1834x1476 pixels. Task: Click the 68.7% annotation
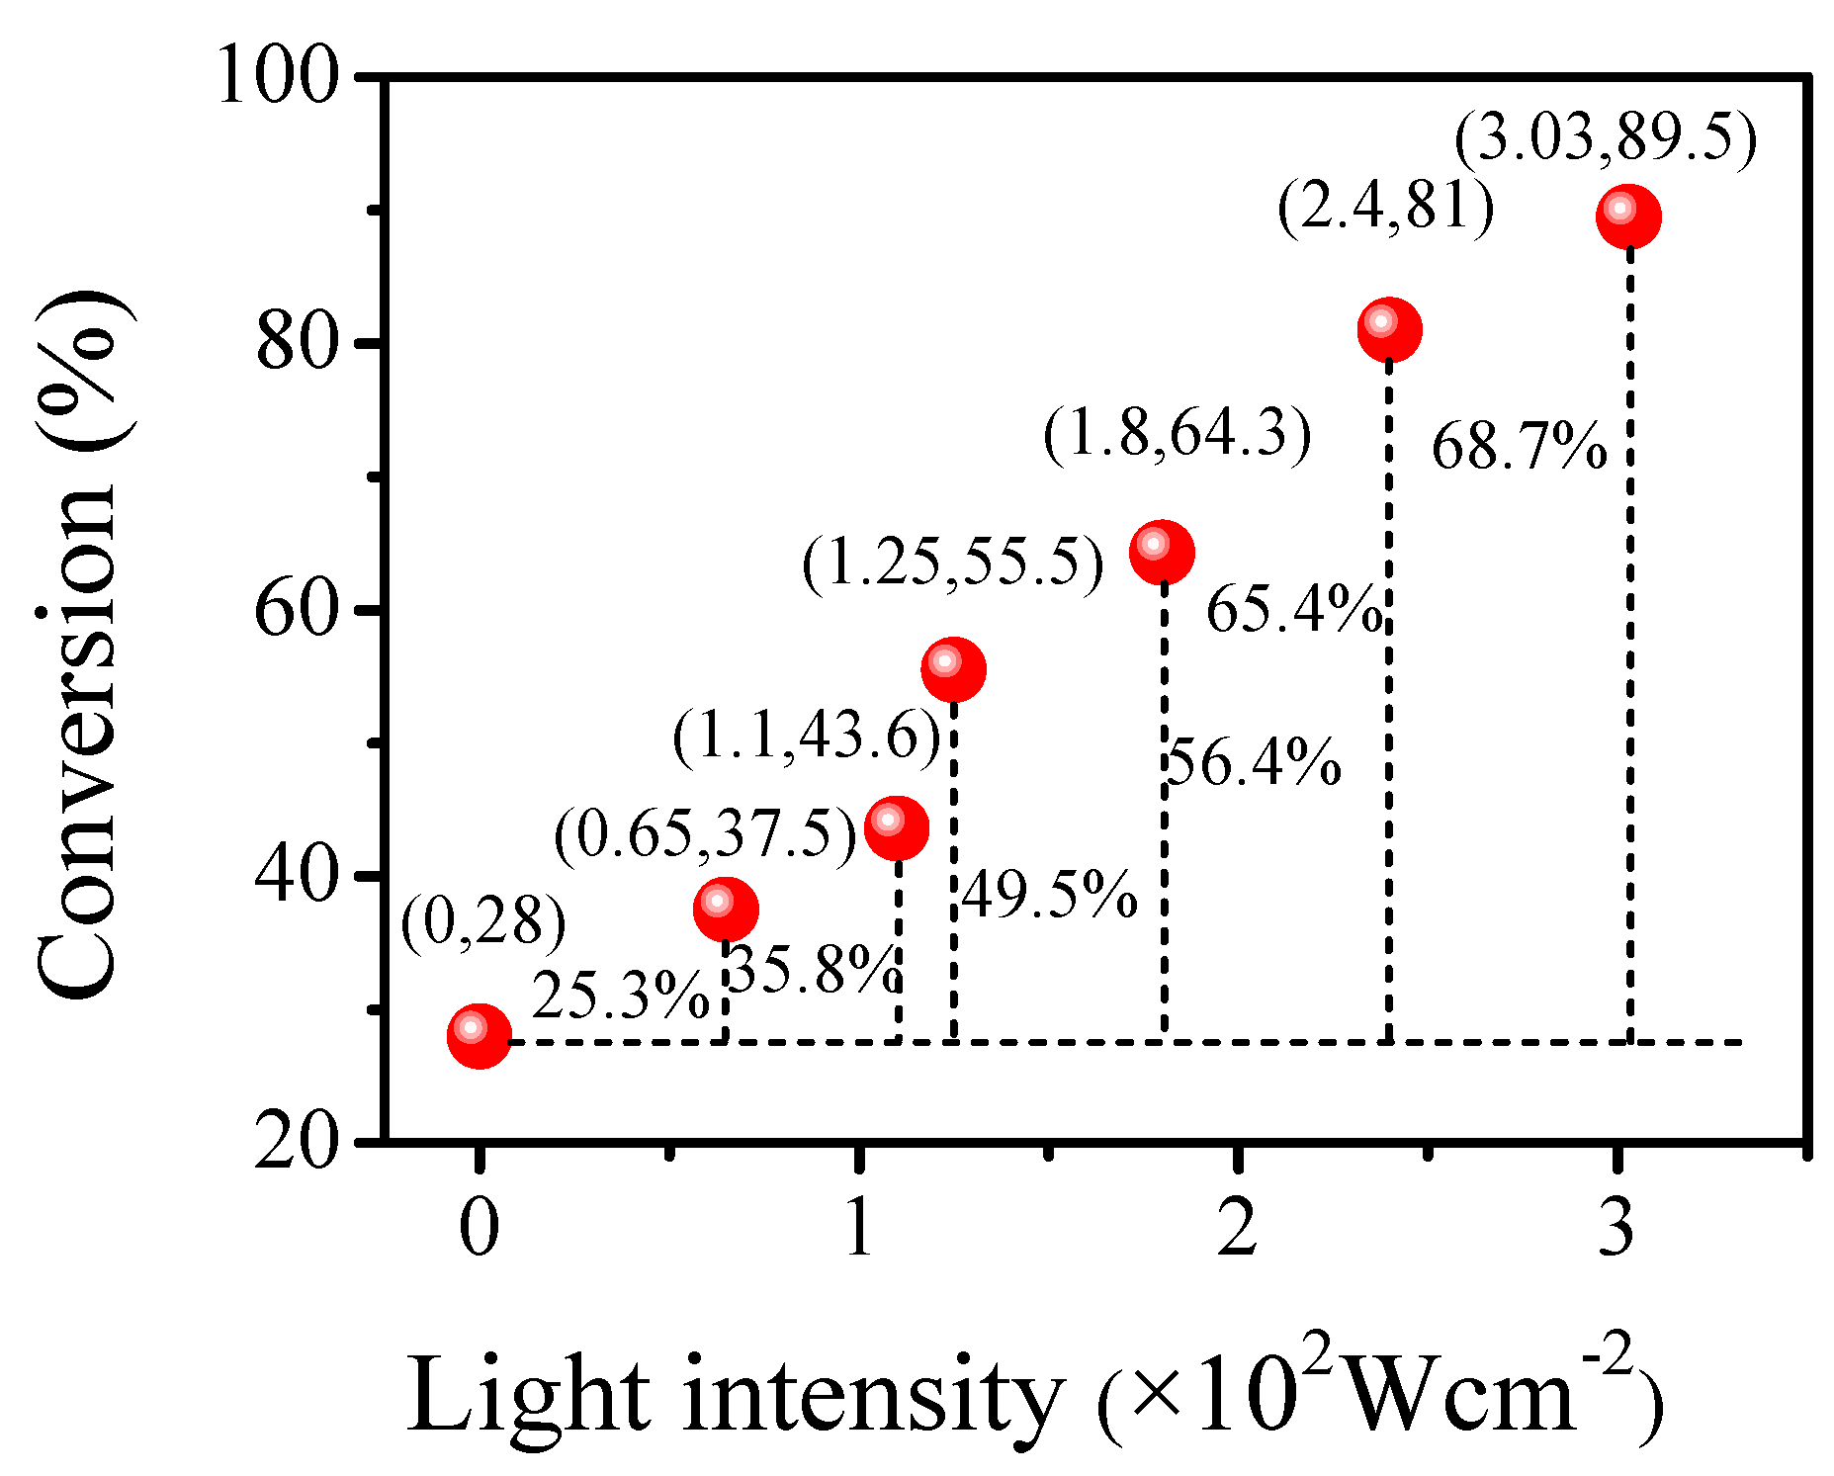tap(1518, 447)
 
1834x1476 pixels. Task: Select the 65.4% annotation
tap(1293, 609)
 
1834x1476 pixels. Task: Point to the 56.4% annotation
tap(1254, 763)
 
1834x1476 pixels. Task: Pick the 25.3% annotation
tap(621, 996)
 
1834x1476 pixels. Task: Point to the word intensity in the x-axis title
tap(870, 1396)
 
